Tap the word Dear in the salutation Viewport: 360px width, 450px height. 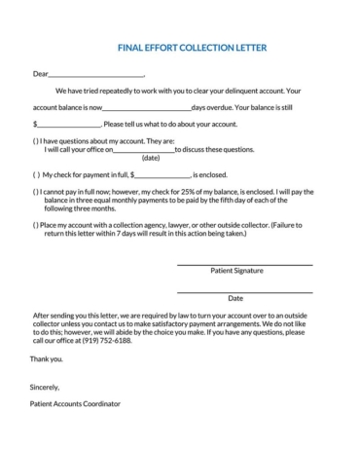pos(40,73)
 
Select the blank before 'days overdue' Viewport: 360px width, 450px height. pos(147,108)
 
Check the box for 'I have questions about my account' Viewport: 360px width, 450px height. pos(36,141)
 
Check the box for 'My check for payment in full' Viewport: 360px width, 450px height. pos(36,174)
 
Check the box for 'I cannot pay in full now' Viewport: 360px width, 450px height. pos(36,192)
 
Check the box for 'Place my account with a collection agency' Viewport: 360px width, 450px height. pos(36,225)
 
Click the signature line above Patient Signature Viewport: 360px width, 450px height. pos(243,264)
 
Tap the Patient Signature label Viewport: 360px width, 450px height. pos(236,271)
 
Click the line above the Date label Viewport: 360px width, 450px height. pos(243,291)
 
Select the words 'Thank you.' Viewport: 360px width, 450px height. pos(47,359)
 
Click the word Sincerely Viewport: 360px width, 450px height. pos(45,387)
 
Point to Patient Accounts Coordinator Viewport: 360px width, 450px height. pos(76,403)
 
